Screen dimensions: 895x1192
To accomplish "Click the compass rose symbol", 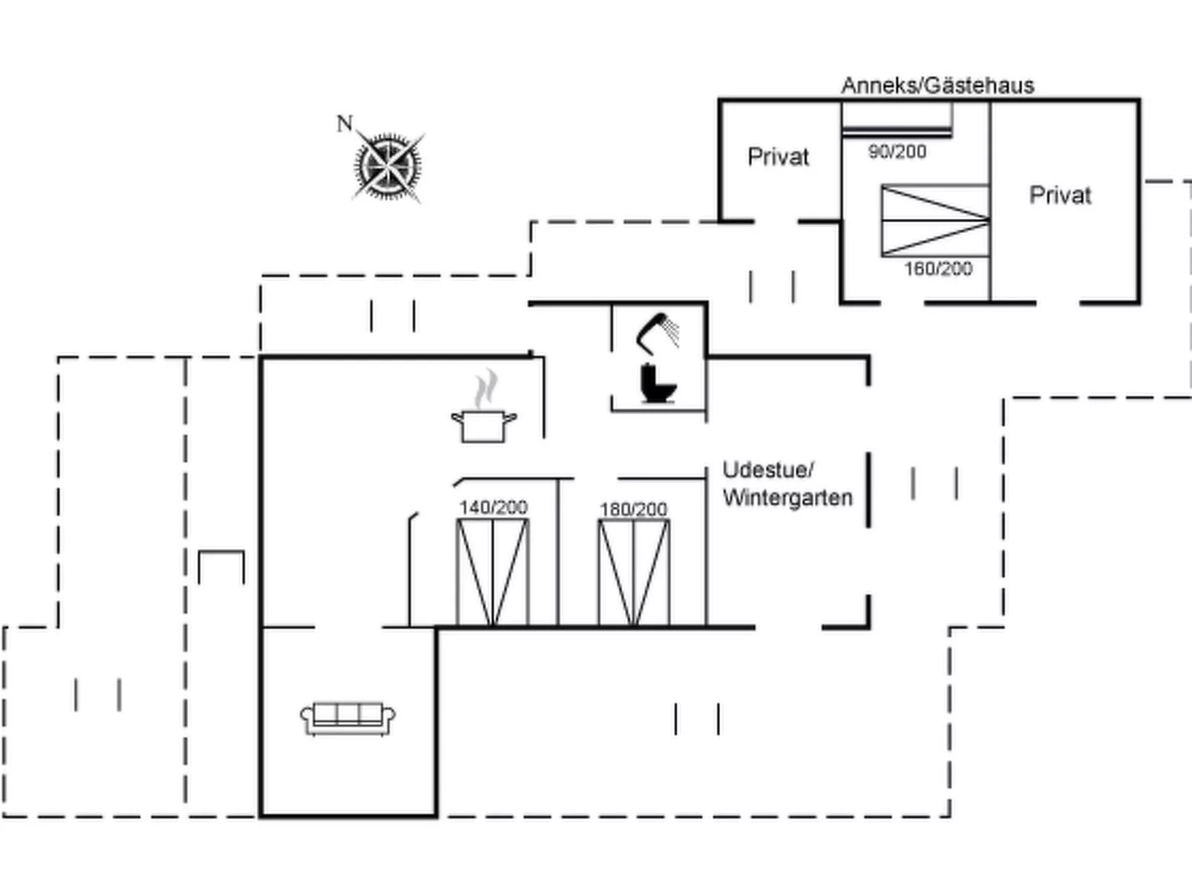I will click(388, 166).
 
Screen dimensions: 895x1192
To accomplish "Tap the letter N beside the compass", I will click(344, 123).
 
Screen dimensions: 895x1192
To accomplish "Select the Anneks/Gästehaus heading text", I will click(937, 85).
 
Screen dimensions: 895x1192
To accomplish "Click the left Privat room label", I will click(778, 157).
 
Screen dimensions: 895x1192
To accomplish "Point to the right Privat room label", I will click(1060, 195).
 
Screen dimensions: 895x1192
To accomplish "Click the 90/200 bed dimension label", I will click(897, 152).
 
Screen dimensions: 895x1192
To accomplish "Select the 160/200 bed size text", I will click(937, 268).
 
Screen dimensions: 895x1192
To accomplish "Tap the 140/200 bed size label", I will click(493, 507).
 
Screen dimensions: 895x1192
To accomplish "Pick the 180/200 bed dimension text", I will click(633, 509).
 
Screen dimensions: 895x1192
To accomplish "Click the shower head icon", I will click(658, 332).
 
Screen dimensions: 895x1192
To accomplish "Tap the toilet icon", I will click(657, 383).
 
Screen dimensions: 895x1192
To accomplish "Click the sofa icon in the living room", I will click(347, 718).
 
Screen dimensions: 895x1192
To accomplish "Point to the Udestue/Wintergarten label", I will click(787, 484).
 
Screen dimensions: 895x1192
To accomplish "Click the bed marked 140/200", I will click(493, 572).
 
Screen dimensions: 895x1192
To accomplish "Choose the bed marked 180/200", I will click(634, 572).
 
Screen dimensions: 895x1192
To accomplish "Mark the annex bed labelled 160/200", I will click(935, 221).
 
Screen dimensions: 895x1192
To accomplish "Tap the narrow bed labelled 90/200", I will click(897, 119).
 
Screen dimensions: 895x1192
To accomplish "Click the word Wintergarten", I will click(787, 497).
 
